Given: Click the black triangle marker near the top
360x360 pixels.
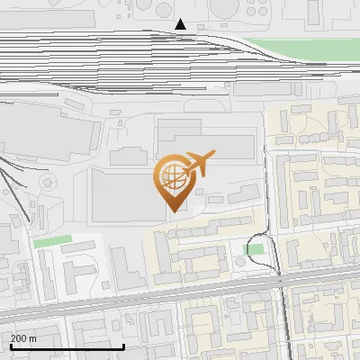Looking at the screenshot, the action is coord(181,24).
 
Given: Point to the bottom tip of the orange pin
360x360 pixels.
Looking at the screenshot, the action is coord(172,210).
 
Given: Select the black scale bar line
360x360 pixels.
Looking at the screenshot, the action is coord(67,346).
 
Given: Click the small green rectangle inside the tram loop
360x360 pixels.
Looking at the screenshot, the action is coord(255,249).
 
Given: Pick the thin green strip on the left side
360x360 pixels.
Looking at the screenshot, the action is coord(52,241).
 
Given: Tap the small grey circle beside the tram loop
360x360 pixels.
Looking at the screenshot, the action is coord(239,261).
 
